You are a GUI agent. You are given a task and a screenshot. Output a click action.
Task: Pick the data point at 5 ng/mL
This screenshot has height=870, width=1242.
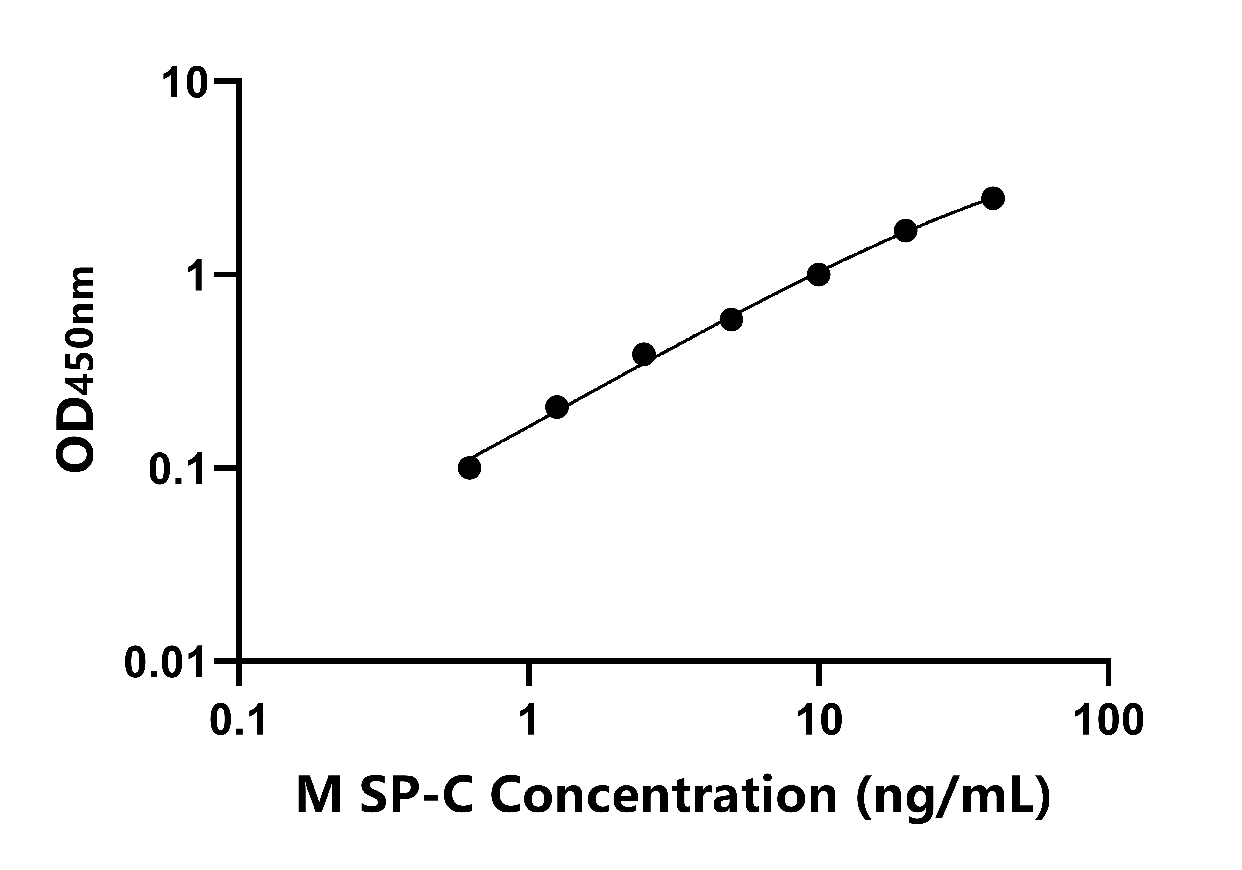coord(731,319)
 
